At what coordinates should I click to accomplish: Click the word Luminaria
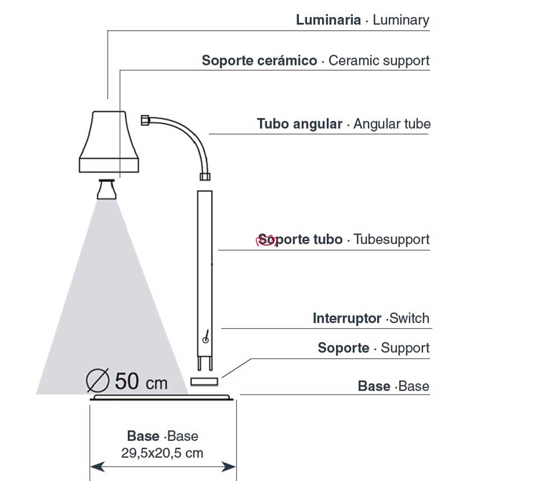pyautogui.click(x=328, y=20)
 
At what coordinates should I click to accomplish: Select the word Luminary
pyautogui.click(x=401, y=20)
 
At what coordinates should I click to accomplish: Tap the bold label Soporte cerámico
pyautogui.click(x=259, y=61)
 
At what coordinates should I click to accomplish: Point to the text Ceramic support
pyautogui.click(x=379, y=61)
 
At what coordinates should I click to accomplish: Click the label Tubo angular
pyautogui.click(x=299, y=124)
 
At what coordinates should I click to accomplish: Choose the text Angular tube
pyautogui.click(x=392, y=124)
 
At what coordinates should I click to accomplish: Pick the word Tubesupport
pyautogui.click(x=392, y=240)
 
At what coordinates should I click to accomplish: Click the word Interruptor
pyautogui.click(x=347, y=318)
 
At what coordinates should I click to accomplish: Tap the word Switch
pyautogui.click(x=409, y=318)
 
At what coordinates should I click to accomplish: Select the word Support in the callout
pyautogui.click(x=405, y=348)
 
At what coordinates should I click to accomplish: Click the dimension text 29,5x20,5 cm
pyautogui.click(x=162, y=453)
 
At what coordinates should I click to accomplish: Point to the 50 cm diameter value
pyautogui.click(x=141, y=382)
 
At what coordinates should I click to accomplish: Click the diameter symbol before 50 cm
pyautogui.click(x=98, y=380)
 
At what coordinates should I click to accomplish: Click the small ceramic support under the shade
pyautogui.click(x=107, y=189)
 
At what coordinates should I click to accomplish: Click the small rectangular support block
pyautogui.click(x=204, y=382)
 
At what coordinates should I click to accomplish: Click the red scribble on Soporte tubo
pyautogui.click(x=266, y=241)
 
